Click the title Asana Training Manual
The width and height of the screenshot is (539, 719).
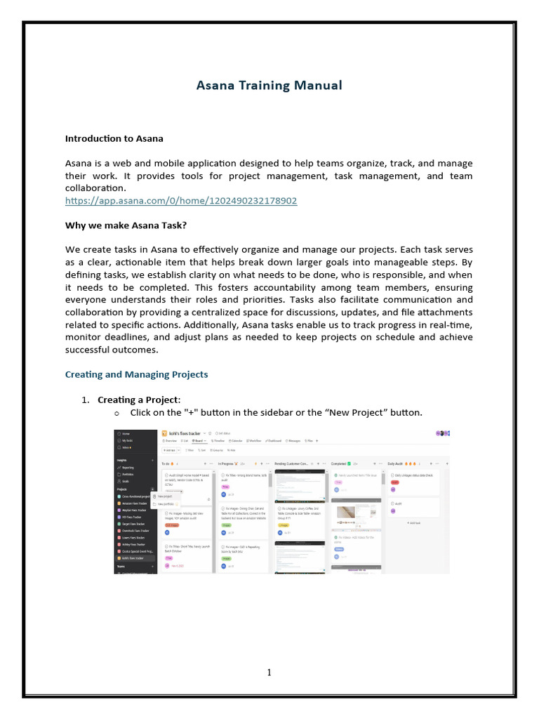(269, 86)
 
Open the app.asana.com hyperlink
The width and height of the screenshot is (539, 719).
(181, 201)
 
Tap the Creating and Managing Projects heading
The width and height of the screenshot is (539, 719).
(136, 374)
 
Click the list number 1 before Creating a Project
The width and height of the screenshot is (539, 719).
(84, 400)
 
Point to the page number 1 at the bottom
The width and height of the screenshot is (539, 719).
(269, 673)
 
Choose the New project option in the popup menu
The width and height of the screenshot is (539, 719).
(165, 496)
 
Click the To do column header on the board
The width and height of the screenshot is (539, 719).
(167, 464)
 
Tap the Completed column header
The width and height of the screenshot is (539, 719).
(342, 464)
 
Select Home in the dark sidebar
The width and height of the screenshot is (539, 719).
(126, 433)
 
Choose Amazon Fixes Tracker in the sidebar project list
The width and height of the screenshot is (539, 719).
(135, 503)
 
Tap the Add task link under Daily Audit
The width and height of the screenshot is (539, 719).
(414, 523)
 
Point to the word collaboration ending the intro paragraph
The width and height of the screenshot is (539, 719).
(95, 189)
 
